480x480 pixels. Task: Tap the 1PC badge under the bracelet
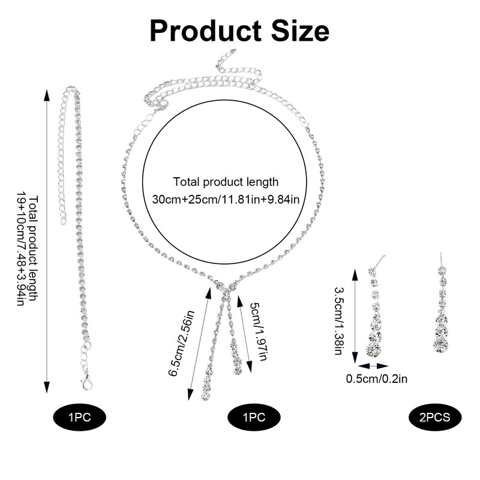79,416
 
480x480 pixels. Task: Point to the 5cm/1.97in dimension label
256,331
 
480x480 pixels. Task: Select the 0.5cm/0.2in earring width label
377,378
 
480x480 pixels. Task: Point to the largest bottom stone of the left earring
374,349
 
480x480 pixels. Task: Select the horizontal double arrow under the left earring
373,364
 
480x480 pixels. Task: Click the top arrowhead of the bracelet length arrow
47,91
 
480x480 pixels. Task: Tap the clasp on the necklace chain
162,105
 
